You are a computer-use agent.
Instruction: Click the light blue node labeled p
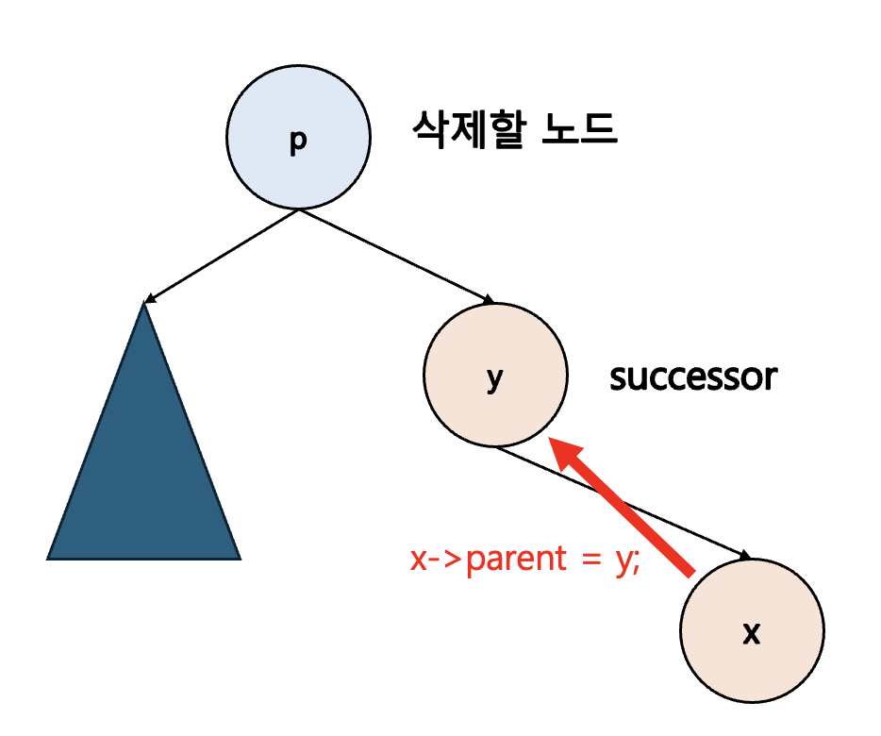pyautogui.click(x=297, y=138)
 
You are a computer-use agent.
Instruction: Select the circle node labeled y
pyautogui.click(x=495, y=375)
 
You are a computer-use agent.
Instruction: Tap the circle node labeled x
pyautogui.click(x=752, y=629)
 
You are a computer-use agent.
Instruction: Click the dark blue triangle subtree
pyautogui.click(x=144, y=472)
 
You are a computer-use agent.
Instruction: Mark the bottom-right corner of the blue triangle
pyautogui.click(x=239, y=558)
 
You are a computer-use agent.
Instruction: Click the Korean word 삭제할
pyautogui.click(x=468, y=128)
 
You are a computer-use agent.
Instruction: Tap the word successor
pyautogui.click(x=693, y=377)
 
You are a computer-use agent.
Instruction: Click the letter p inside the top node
pyautogui.click(x=298, y=141)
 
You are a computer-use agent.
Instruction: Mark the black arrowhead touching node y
pyautogui.click(x=488, y=301)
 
